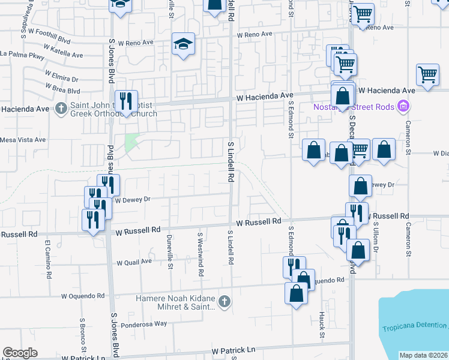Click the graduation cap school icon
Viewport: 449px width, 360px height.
184,44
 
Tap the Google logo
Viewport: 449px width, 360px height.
20,353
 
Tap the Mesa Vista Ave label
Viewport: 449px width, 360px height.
23,140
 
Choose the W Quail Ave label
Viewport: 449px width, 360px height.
134,262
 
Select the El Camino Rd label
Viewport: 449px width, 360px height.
47,254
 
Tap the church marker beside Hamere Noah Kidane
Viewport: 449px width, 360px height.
224,301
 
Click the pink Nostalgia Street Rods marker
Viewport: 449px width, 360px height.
403,107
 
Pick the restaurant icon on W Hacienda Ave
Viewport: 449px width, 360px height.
126,100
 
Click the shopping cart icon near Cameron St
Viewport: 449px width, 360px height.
427,75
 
